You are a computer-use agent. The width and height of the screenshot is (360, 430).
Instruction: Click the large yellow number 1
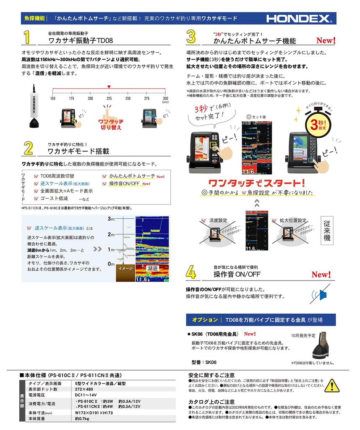pos(27,37)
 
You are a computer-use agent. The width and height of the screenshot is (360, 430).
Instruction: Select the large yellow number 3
pos(191,37)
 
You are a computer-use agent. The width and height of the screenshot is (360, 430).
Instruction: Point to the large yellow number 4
pos(191,272)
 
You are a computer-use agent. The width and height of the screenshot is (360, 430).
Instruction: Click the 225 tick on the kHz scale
pos(109,98)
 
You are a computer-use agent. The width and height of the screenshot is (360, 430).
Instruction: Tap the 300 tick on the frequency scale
pos(165,98)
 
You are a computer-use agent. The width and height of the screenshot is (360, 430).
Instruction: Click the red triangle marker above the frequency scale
pos(109,86)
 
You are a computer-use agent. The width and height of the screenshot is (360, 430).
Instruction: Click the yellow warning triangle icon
pos(331,385)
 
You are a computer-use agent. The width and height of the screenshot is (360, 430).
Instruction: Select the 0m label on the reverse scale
pos(111,264)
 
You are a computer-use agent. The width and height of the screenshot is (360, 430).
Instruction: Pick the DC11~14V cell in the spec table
pos(86,395)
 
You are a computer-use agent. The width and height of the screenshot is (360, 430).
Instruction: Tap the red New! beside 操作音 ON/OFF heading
pos(321,275)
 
